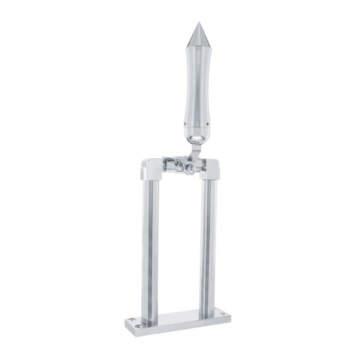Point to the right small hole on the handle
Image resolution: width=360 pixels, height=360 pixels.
(x=207, y=121)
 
